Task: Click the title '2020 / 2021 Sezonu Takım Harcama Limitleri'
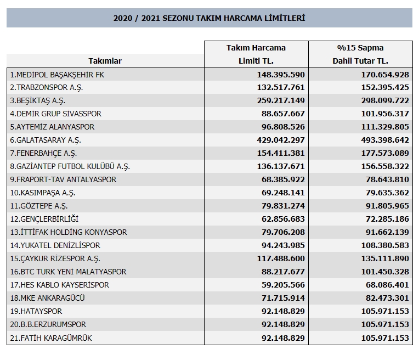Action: pos(209,18)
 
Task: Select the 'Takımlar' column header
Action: pos(105,61)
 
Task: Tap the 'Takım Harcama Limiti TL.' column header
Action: pos(256,54)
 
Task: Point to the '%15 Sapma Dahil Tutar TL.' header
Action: pos(360,54)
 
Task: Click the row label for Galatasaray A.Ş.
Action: pos(46,140)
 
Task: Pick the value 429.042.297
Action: pos(281,140)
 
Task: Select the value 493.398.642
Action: pos(385,140)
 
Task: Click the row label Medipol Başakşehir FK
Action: pos(57,75)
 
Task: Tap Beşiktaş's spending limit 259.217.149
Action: pos(281,100)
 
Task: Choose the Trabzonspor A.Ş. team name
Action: pos(47,88)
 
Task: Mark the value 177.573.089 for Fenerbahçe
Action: pos(385,153)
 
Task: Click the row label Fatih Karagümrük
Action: pos(51,338)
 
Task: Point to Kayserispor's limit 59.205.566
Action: pos(283,285)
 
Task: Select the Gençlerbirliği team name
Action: pos(44,219)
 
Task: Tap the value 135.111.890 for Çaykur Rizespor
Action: pos(385,258)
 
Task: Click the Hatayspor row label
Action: pos(36,311)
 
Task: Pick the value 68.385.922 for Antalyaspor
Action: pos(283,179)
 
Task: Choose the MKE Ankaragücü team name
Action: pos(47,298)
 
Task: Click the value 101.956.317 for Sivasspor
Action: pos(385,114)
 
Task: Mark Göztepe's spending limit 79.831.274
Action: pos(283,206)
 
